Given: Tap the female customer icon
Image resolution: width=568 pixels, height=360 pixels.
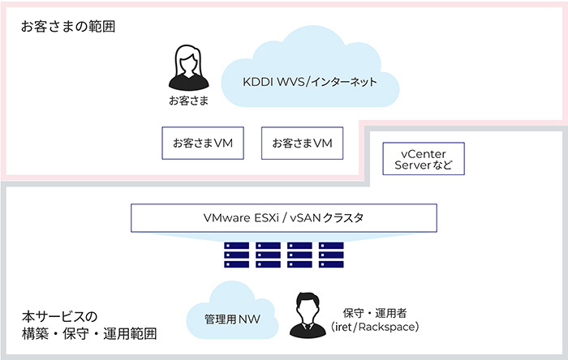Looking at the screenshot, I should coord(188,68).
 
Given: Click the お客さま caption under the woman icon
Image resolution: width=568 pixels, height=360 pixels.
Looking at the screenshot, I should coord(188,101).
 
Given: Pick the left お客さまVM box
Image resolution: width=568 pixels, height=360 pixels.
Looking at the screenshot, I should coord(203,143).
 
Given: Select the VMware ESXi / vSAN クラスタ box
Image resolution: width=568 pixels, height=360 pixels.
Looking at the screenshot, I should coord(284,217).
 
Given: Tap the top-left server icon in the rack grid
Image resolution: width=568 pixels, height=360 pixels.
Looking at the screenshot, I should coord(235,246).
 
